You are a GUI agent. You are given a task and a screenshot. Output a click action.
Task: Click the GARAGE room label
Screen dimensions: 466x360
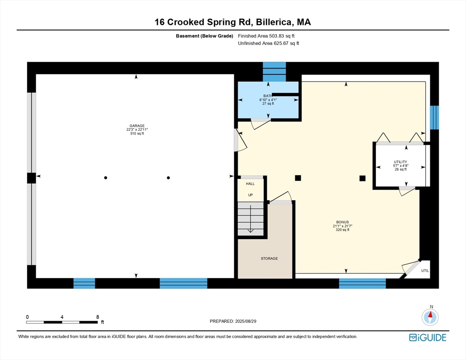pos(137,126)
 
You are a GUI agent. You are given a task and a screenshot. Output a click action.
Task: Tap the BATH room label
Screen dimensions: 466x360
pos(268,96)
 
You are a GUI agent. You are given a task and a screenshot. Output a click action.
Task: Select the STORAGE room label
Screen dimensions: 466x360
pos(269,259)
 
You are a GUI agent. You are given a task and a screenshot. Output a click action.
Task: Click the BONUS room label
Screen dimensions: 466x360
pos(342,222)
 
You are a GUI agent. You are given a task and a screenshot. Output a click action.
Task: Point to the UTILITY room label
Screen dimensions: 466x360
pos(400,162)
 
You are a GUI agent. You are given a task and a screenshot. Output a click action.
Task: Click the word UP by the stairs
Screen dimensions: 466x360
pos(250,195)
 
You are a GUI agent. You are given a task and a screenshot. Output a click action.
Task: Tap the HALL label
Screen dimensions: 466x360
pos(250,184)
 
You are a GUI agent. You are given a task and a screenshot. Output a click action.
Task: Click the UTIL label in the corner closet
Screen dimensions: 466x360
pos(425,270)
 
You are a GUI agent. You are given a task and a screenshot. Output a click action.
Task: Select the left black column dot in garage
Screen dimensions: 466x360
pos(105,178)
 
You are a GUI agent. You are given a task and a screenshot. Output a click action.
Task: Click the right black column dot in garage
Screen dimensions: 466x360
pos(168,178)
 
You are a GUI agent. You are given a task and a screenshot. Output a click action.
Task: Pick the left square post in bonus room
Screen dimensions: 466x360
pos(298,178)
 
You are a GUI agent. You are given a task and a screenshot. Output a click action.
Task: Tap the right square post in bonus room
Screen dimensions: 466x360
pos(362,178)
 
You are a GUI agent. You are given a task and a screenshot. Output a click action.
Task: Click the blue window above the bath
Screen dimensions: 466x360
pos(274,72)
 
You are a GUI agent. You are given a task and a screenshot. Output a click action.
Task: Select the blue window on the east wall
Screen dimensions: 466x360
pos(435,118)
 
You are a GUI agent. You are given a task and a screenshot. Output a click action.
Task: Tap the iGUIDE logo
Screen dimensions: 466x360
pos(428,337)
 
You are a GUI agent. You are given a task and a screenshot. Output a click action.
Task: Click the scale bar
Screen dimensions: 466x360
pos(62,322)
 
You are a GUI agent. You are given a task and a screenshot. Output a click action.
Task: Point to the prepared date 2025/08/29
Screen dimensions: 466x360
pos(246,322)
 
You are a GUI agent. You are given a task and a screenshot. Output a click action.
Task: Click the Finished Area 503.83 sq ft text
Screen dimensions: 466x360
pos(266,36)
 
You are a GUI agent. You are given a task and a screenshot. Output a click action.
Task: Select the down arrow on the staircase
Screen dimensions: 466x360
pos(250,219)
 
